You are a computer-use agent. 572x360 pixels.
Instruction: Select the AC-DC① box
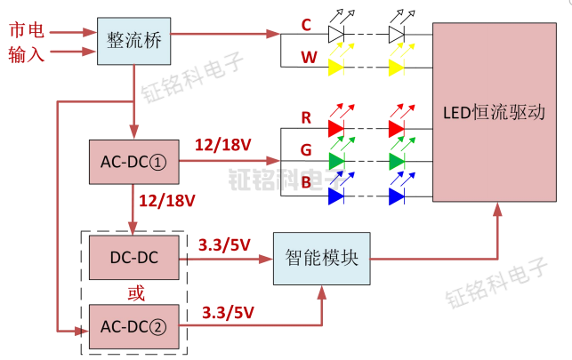[133, 163]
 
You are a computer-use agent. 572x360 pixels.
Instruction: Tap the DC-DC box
[134, 258]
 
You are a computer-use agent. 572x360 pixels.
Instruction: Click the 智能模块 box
[321, 259]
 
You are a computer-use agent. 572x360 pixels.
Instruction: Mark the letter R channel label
[306, 117]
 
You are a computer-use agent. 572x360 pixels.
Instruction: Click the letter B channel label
[306, 183]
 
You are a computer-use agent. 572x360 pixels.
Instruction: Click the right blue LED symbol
[397, 195]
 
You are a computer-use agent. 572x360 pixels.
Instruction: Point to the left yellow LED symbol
[336, 68]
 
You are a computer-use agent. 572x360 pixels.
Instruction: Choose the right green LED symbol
[397, 162]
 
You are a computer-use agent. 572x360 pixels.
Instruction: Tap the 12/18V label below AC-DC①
[167, 200]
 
